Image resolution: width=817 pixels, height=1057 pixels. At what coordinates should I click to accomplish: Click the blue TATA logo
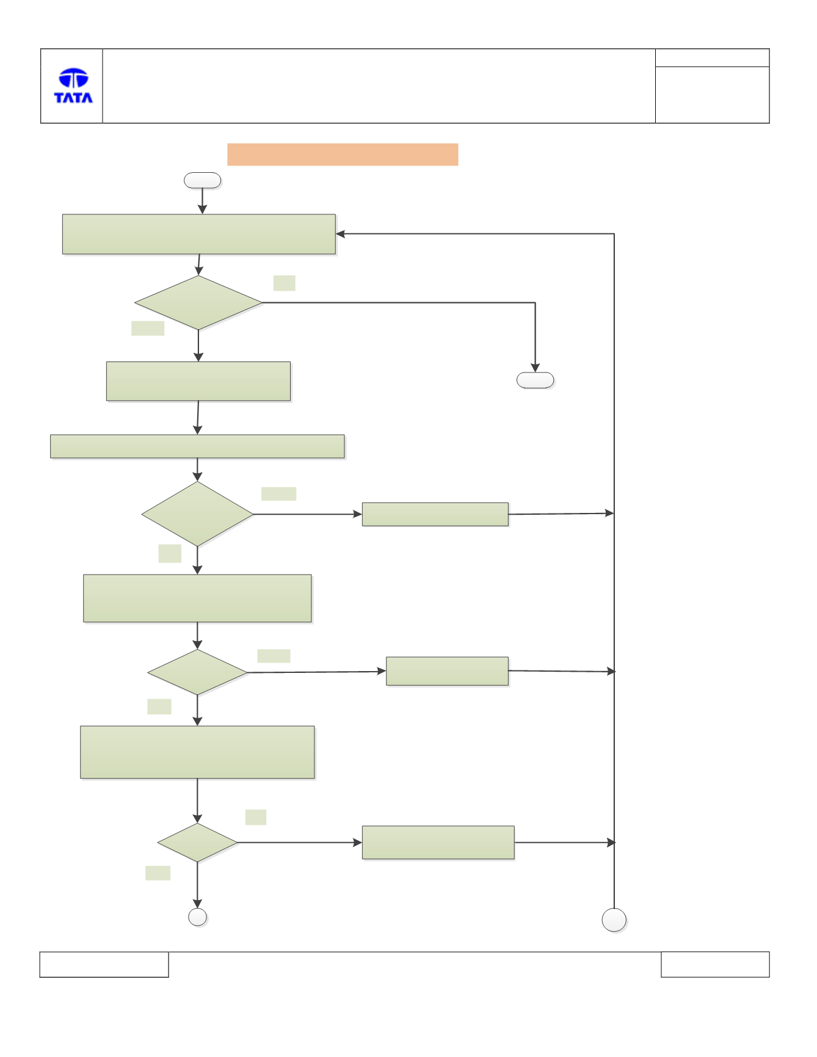73,85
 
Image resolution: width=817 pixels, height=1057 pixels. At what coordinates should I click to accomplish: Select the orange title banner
343,154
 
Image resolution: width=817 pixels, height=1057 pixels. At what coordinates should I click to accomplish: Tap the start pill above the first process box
202,180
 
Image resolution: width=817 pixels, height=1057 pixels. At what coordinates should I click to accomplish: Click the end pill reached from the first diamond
535,380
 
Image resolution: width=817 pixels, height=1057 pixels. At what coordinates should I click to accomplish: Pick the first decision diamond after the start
198,303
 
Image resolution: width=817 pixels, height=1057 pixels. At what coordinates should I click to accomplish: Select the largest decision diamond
197,514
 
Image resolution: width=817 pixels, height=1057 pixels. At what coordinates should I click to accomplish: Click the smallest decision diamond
197,843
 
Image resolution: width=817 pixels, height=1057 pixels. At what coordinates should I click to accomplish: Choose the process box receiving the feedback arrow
199,234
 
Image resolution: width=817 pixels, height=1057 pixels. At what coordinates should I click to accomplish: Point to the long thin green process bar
197,446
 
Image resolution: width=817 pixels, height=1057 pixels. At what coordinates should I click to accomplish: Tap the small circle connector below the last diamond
197,917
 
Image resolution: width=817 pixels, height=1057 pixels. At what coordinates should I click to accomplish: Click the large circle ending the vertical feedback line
614,920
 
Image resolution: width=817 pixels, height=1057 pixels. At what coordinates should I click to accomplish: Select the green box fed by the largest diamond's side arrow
435,514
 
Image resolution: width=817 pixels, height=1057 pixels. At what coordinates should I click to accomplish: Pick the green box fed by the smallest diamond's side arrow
438,843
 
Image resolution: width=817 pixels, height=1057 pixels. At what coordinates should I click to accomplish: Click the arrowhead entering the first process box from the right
341,234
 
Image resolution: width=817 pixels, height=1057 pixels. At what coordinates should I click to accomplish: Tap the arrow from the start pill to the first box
202,201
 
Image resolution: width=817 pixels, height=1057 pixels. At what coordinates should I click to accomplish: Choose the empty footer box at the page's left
104,964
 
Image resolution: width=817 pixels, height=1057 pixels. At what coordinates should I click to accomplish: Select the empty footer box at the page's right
715,964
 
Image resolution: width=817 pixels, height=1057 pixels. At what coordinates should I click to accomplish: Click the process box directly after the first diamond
198,382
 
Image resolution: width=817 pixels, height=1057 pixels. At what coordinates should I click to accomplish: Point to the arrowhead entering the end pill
535,368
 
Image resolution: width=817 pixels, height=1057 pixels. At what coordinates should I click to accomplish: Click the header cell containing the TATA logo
71,86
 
